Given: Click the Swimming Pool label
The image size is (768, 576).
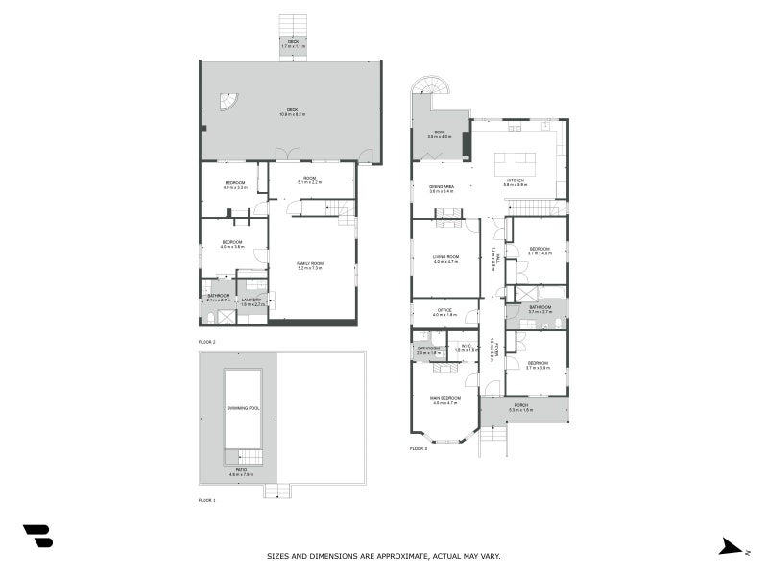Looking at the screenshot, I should (x=244, y=408).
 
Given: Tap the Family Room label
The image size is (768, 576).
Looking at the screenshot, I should (x=309, y=264).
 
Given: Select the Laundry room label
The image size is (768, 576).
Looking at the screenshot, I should (x=252, y=300).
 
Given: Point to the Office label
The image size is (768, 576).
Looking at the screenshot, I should (x=444, y=310).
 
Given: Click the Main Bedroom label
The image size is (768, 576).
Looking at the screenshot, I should (x=446, y=398).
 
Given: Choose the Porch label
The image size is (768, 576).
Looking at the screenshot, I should (x=521, y=407).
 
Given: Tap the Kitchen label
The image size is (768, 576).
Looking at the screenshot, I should (x=516, y=180).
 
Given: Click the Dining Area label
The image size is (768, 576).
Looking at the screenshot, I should (x=442, y=187).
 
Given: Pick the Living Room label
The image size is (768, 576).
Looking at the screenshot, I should (x=445, y=256).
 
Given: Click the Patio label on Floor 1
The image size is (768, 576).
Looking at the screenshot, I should (x=241, y=470).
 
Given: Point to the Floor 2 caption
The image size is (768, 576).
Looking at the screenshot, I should (x=206, y=342).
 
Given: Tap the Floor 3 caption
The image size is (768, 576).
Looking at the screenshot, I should (x=418, y=448).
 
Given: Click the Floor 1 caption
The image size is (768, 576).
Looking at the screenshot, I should (x=206, y=500).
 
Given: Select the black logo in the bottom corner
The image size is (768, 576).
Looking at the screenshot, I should (x=37, y=537).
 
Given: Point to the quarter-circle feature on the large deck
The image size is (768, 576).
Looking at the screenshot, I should (x=227, y=101).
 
